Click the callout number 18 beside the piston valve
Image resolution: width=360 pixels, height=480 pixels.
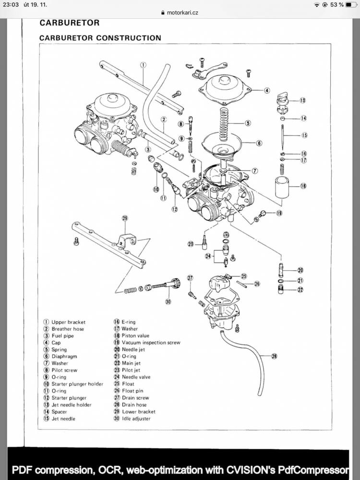coord(303,186)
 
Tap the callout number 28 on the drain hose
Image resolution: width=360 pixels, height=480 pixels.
coord(275,356)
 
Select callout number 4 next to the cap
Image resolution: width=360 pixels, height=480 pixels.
coord(267,90)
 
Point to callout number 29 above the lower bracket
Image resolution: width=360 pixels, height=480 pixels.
coord(125,218)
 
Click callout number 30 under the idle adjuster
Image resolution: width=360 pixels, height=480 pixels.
coord(168,301)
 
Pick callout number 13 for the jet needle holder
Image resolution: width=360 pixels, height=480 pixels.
coord(303,101)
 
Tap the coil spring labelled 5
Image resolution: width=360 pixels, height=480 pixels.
coord(223,124)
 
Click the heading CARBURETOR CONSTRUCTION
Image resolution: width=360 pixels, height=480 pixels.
coord(100,37)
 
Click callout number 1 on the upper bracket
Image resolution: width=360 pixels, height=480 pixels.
coord(143,65)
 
